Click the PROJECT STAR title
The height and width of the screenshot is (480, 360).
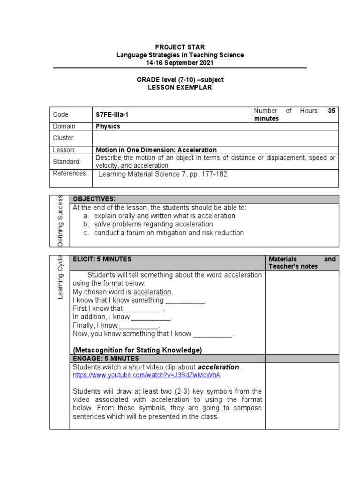click(180, 47)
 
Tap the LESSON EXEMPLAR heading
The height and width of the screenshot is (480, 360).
click(180, 88)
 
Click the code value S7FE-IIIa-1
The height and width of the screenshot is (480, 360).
click(114, 115)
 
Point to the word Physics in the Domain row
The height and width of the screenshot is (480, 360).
click(108, 126)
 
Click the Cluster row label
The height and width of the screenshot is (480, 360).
click(63, 138)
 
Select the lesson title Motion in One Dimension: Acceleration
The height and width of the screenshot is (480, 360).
click(156, 150)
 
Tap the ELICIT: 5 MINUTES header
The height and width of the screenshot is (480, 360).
click(102, 259)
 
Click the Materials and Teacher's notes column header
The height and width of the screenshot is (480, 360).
click(301, 262)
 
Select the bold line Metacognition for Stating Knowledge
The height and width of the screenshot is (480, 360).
click(137, 350)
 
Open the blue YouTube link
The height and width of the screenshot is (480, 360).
click(146, 375)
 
